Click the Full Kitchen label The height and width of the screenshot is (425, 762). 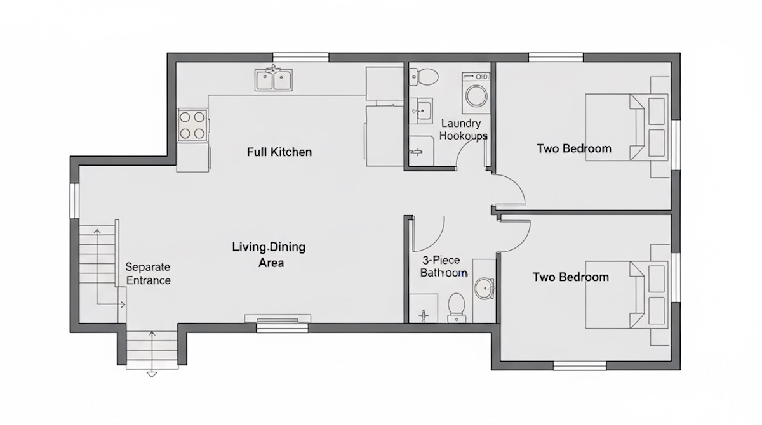tap(279, 152)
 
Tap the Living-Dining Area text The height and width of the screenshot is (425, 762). tap(268, 254)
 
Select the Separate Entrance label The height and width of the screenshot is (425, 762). tap(148, 273)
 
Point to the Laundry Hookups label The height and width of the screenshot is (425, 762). tap(463, 129)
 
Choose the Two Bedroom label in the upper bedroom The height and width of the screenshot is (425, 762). tap(574, 149)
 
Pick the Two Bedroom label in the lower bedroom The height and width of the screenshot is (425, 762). tap(570, 277)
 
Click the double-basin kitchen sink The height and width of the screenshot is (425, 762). tap(274, 80)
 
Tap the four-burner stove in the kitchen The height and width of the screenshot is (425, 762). tap(193, 125)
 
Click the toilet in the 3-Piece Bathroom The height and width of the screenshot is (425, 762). tap(457, 307)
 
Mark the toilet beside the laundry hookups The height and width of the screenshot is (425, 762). tap(426, 76)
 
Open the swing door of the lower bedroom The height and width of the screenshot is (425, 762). tap(515, 233)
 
